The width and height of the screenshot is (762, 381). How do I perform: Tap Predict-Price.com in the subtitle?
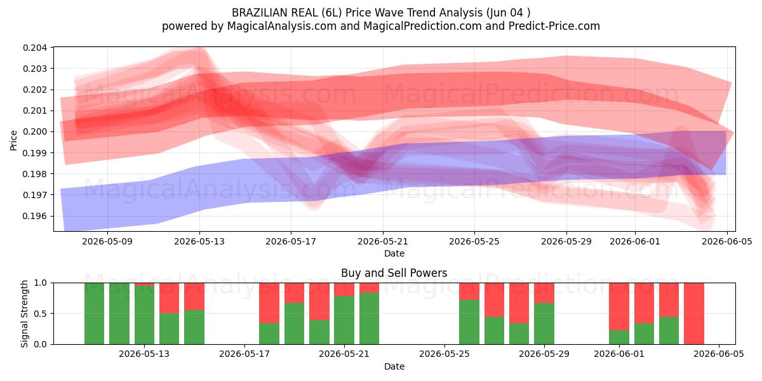click(x=554, y=26)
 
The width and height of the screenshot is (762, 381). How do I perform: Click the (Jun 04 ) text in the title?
click(x=508, y=13)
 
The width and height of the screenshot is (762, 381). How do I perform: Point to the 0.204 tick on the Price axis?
click(x=35, y=48)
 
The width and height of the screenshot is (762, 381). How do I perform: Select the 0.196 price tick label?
click(x=35, y=216)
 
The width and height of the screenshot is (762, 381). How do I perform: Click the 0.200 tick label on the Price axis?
click(x=35, y=131)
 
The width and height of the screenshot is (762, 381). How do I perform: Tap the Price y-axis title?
click(x=13, y=140)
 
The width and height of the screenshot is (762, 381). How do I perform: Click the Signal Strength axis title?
click(x=24, y=314)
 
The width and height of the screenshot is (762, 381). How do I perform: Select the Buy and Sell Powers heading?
click(x=394, y=273)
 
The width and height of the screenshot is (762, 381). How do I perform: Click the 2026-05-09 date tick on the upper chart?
click(x=107, y=241)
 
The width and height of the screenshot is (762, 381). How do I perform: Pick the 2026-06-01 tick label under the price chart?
click(x=635, y=241)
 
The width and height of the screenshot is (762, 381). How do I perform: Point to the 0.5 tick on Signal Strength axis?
click(x=41, y=314)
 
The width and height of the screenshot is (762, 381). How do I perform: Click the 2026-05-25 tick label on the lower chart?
click(x=444, y=354)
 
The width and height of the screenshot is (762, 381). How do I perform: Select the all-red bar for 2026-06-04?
click(x=694, y=314)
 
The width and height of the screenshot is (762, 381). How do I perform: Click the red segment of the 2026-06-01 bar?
click(x=619, y=307)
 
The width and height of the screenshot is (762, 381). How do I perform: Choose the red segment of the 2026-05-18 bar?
click(x=269, y=303)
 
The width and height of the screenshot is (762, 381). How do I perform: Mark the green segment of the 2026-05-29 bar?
click(x=544, y=323)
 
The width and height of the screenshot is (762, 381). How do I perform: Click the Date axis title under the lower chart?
click(x=394, y=366)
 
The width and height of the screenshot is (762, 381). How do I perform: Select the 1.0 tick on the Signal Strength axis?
click(x=41, y=283)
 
